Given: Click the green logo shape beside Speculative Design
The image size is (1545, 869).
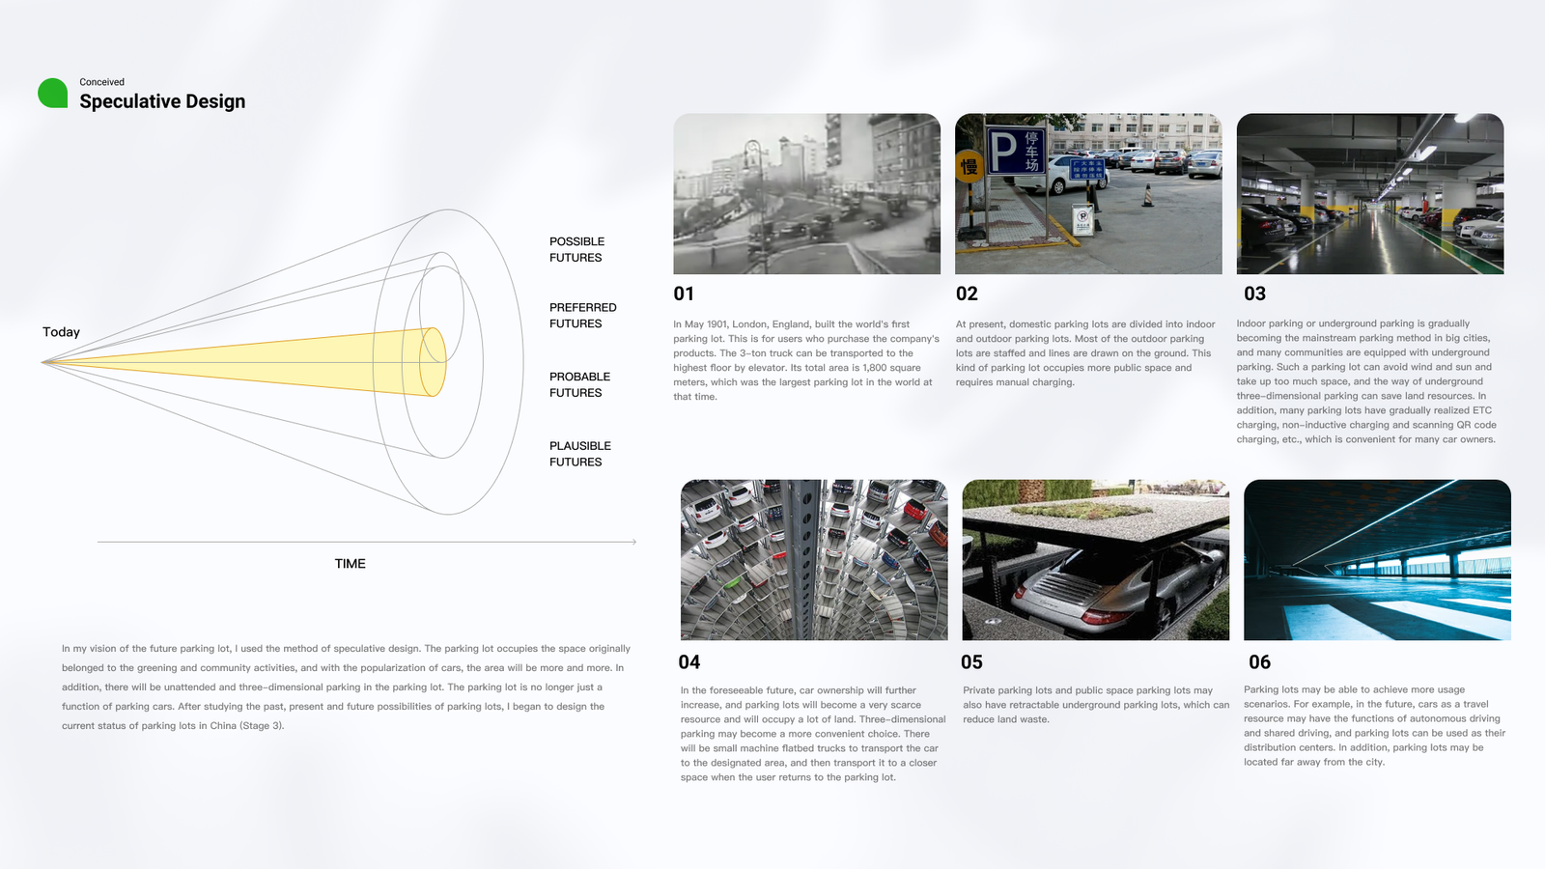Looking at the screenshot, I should pyautogui.click(x=52, y=93).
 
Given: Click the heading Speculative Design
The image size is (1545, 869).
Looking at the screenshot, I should pyautogui.click(x=162, y=101).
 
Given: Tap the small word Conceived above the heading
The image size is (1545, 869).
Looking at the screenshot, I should pyautogui.click(x=101, y=82).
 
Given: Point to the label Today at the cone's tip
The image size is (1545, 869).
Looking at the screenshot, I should pyautogui.click(x=61, y=332).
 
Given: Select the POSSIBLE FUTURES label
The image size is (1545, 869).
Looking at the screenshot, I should pyautogui.click(x=576, y=249).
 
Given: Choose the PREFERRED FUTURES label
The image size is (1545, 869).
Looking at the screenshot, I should pyautogui.click(x=582, y=316).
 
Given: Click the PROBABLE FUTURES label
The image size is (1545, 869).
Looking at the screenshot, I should pyautogui.click(x=579, y=384).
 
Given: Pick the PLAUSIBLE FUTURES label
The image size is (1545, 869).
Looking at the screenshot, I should pyautogui.click(x=579, y=454).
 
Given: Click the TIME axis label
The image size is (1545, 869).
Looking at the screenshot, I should pyautogui.click(x=350, y=564).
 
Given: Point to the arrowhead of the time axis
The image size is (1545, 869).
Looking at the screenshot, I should pyautogui.click(x=633, y=542).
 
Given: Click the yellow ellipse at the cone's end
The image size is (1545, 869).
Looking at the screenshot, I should pyautogui.click(x=433, y=362).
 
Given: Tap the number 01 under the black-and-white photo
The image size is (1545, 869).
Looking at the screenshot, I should pyautogui.click(x=684, y=294).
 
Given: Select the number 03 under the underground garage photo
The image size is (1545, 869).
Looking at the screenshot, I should pyautogui.click(x=1254, y=294).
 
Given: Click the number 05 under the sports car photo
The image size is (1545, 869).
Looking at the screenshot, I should pyautogui.click(x=971, y=662).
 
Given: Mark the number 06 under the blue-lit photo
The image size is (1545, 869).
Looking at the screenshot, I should pyautogui.click(x=1259, y=662).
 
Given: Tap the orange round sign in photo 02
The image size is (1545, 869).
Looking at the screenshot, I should pyautogui.click(x=969, y=166).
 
